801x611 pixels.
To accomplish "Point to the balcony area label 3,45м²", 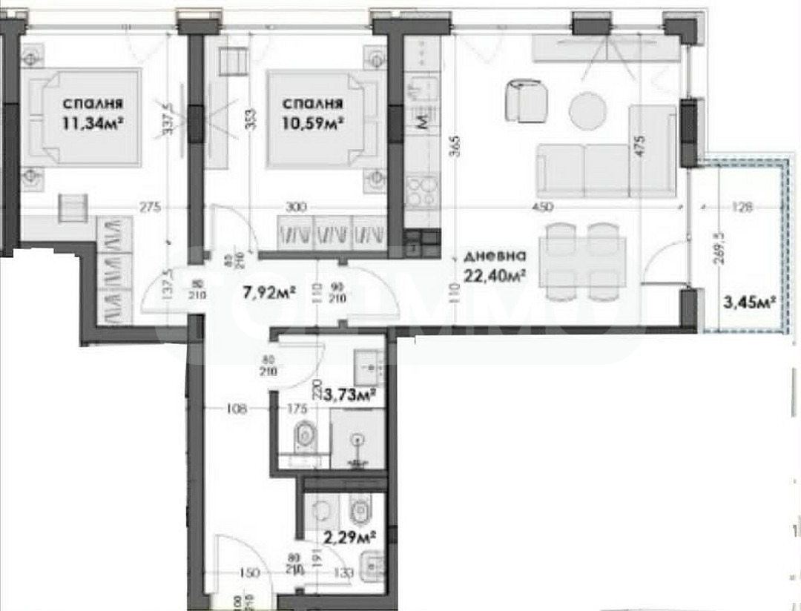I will pos(750,301).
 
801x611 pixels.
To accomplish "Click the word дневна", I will pos(495,257).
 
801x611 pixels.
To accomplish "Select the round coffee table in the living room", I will pos(587,108).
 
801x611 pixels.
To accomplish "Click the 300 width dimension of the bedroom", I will pos(297,208).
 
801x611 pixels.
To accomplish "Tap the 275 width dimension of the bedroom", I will pos(151,208).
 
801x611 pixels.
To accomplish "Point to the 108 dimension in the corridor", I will pos(236,407).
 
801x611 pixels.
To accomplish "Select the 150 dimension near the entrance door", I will pos(249,572).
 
